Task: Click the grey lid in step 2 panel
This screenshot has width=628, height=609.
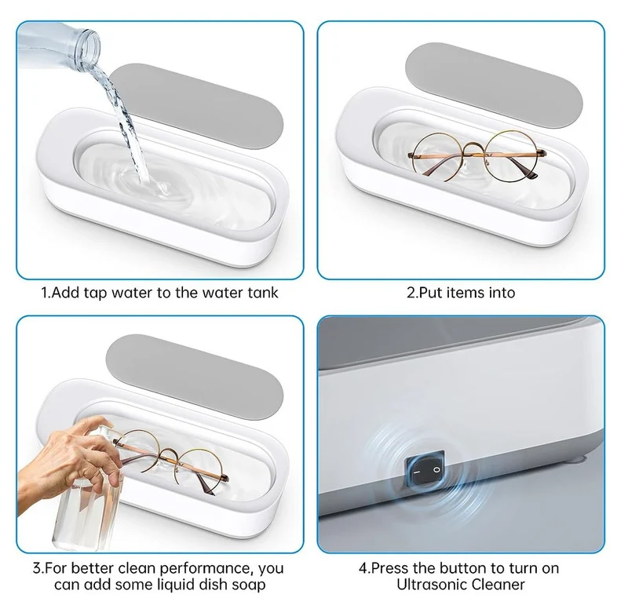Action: pos(494,86)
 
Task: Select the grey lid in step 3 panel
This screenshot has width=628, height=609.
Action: pos(195,377)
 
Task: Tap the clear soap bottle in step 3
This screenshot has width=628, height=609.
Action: pos(86,501)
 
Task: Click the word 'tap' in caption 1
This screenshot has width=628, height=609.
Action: pos(96,293)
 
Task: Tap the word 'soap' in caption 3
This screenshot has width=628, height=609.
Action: pos(249,585)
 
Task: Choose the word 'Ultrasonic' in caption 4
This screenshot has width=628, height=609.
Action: pos(431,585)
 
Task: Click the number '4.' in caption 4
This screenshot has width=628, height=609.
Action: pos(364,568)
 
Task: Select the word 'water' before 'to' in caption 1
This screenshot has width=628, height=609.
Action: pos(133,293)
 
